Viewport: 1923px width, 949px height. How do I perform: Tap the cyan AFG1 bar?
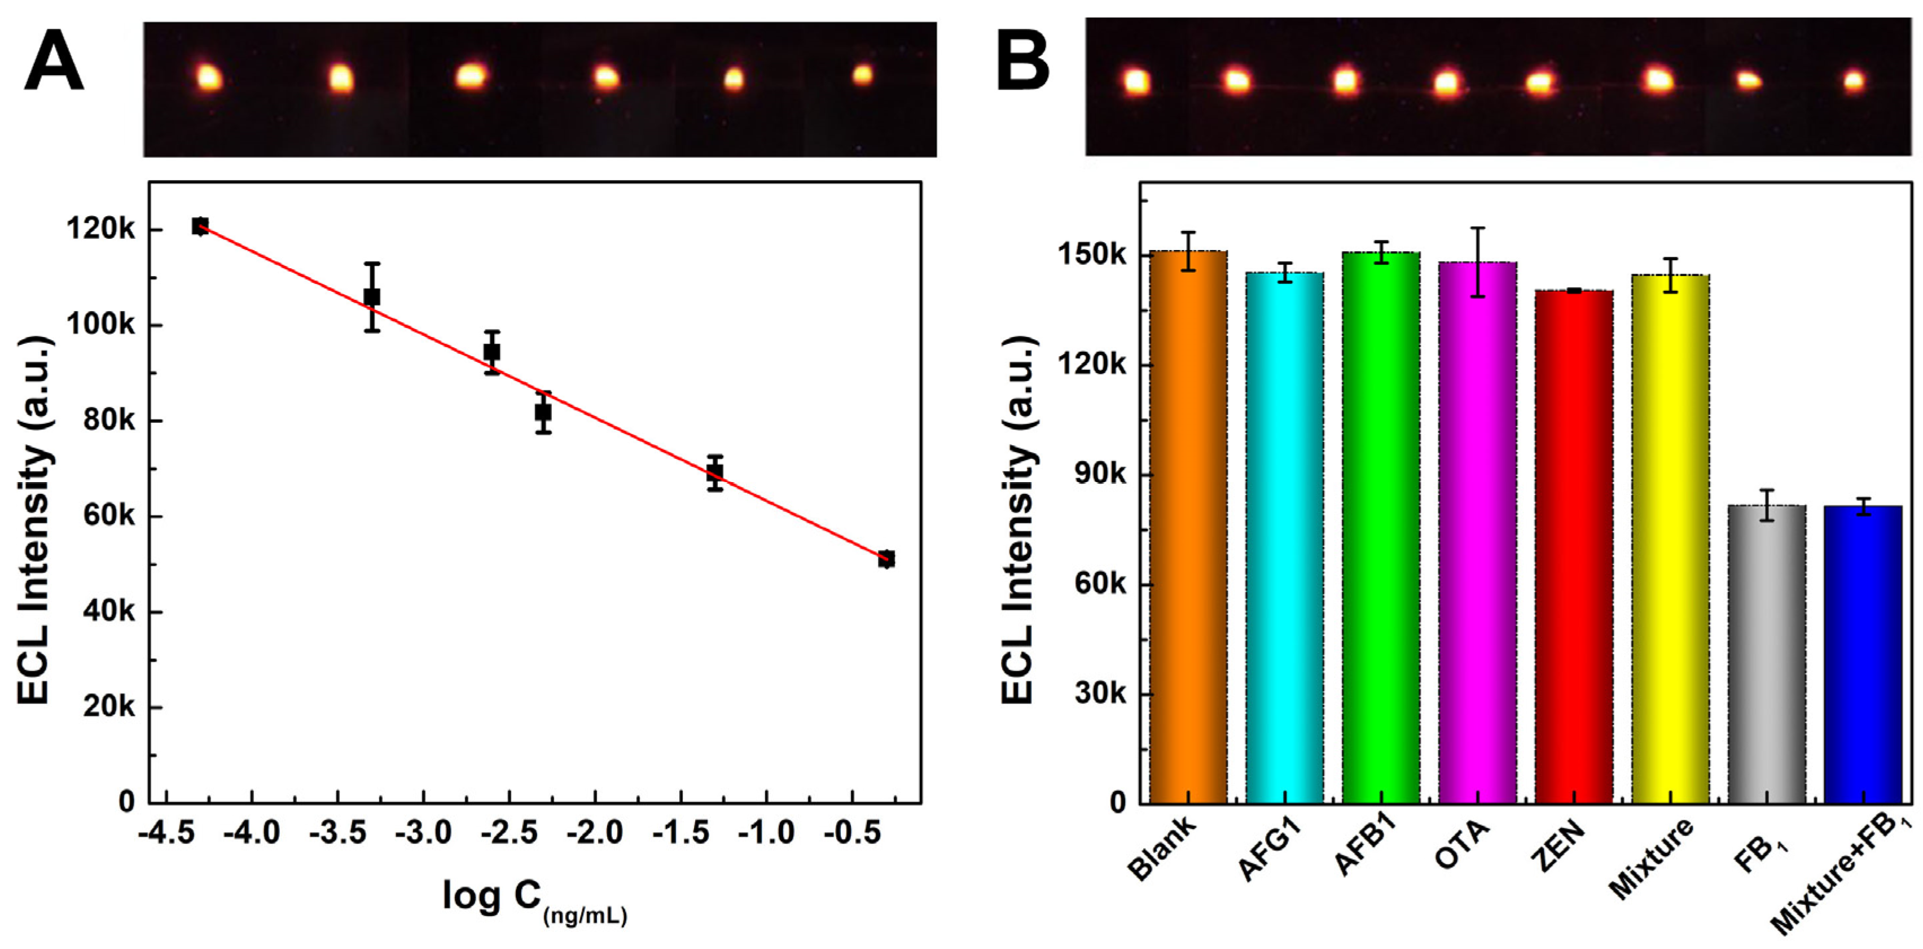(1284, 537)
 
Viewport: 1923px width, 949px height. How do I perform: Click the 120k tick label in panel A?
(102, 229)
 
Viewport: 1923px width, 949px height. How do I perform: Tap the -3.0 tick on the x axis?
(423, 832)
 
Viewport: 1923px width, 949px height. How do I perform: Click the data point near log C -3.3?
(372, 297)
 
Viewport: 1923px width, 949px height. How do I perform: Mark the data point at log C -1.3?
(714, 473)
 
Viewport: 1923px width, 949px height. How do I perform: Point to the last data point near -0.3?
(886, 559)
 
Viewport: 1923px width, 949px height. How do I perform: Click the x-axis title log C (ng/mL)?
(534, 900)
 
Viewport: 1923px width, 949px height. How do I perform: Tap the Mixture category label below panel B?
(1650, 859)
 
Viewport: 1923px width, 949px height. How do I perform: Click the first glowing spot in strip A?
(208, 77)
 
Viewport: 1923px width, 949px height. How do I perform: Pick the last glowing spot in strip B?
(1854, 81)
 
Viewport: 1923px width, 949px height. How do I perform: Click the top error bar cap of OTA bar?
(1477, 228)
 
